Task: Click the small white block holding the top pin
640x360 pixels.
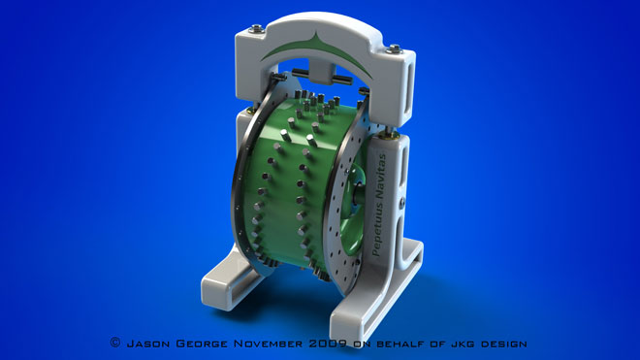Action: [319, 76]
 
